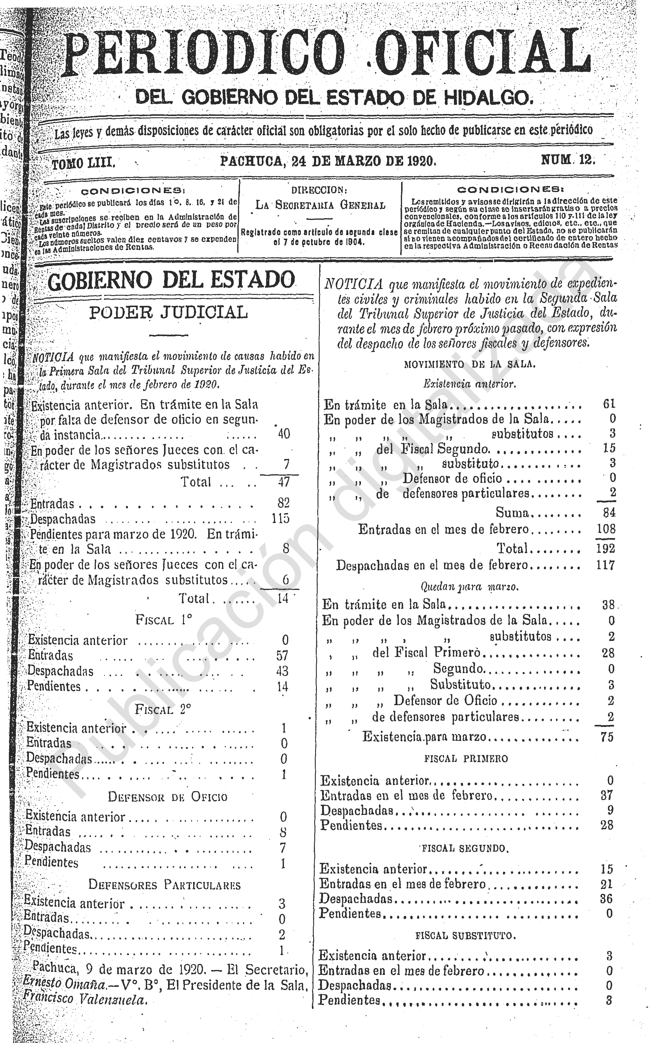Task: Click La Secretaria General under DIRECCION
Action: [x=320, y=205]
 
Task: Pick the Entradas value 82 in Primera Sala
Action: [x=283, y=503]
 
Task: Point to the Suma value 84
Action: [x=609, y=512]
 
